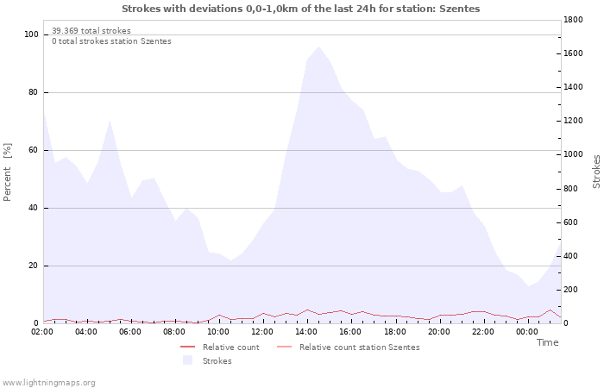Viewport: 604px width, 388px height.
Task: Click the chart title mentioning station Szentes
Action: [x=300, y=9]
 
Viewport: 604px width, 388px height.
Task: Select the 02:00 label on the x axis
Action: [x=42, y=331]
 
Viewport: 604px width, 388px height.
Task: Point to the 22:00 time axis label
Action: [x=482, y=331]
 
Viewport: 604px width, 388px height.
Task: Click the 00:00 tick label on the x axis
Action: [x=527, y=331]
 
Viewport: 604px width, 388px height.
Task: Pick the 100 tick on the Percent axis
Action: [x=32, y=34]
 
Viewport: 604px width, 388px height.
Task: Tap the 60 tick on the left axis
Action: [x=35, y=150]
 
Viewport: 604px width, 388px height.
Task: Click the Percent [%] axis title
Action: [x=9, y=172]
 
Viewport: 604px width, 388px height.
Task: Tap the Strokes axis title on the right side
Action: [x=596, y=171]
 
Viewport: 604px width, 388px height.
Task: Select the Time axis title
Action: [x=547, y=342]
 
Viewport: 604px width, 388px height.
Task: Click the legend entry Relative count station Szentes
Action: [x=359, y=347]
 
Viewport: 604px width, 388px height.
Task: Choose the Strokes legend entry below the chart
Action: [x=217, y=361]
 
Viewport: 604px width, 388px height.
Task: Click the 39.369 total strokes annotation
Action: [x=91, y=31]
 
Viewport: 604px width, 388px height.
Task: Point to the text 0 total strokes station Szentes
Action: [x=111, y=41]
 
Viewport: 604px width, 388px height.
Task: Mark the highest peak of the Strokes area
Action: [x=318, y=47]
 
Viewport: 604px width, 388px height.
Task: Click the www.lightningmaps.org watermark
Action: [x=48, y=383]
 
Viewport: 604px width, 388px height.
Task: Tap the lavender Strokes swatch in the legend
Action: [x=187, y=361]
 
